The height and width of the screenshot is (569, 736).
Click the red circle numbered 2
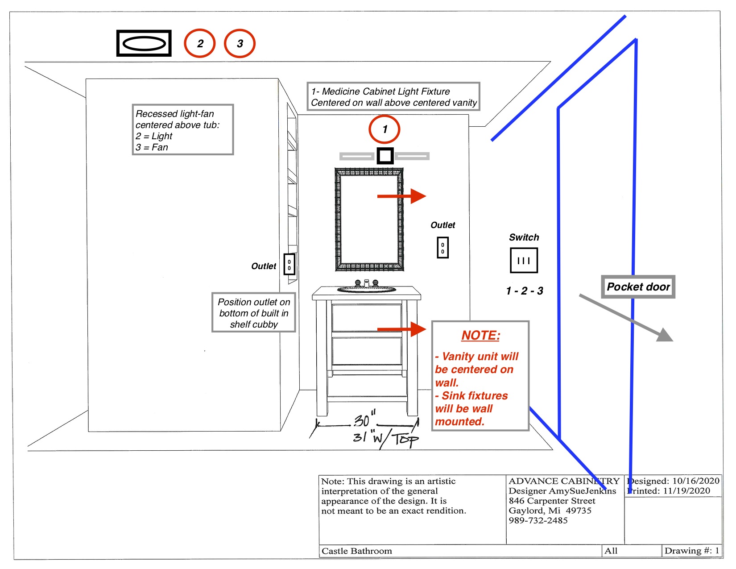185,43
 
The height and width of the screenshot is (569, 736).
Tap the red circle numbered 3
225,43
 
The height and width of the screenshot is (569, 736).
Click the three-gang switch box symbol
512,261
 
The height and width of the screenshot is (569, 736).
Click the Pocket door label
638,287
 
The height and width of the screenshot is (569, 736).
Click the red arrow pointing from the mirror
402,196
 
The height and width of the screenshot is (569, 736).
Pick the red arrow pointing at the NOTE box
402,329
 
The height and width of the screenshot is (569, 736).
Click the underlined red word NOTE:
480,336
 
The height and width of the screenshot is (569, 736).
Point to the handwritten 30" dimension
365,419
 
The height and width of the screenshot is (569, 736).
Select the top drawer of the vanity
367,318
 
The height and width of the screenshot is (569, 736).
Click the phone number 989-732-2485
538,520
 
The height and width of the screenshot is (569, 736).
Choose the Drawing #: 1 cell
692,551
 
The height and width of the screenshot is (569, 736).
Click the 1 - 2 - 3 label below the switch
525,291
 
